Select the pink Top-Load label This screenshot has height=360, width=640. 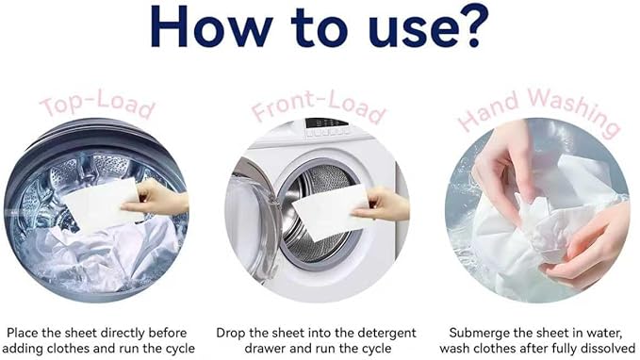click(96, 105)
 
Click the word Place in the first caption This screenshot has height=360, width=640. click(25, 333)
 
